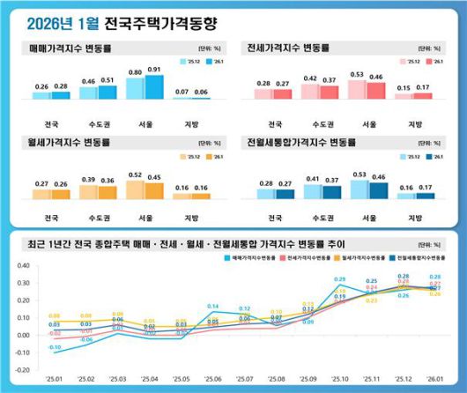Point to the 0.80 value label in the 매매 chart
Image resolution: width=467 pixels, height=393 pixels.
[x=135, y=72]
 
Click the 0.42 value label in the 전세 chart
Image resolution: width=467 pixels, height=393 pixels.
[x=309, y=78]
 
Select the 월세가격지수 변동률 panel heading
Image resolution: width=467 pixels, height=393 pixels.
[x=74, y=140]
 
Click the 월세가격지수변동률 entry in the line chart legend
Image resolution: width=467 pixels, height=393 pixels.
[x=363, y=258]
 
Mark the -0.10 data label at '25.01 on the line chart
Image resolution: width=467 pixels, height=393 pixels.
[x=55, y=349]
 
